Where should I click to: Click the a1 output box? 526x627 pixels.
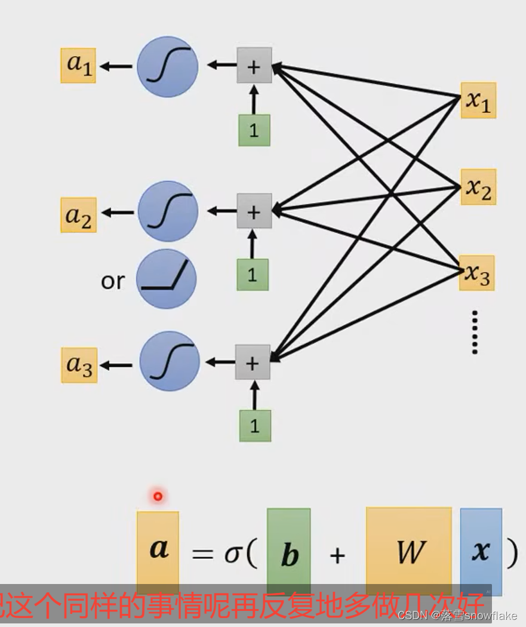click(x=78, y=65)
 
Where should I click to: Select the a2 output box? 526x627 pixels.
click(x=78, y=215)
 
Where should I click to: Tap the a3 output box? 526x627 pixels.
click(x=79, y=365)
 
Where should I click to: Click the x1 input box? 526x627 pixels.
click(x=478, y=100)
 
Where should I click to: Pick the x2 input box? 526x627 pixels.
click(x=478, y=187)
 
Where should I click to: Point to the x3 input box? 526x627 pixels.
click(x=477, y=273)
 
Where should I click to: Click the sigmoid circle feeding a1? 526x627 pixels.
click(x=167, y=66)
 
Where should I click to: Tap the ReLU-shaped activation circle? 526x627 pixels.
click(x=167, y=279)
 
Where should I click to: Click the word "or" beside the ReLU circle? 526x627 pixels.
click(x=113, y=281)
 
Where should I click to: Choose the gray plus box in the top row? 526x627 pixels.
click(x=254, y=66)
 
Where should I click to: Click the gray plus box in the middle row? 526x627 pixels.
click(x=254, y=211)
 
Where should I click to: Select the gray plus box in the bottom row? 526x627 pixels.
click(x=253, y=362)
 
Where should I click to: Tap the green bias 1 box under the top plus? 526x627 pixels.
click(x=254, y=130)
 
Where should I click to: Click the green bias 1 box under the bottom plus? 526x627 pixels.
click(x=255, y=426)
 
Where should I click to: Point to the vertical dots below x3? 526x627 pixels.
click(x=475, y=332)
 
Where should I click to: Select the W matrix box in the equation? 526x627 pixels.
click(x=409, y=551)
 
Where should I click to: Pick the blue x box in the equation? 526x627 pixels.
click(x=481, y=551)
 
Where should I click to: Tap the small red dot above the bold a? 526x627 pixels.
click(x=158, y=496)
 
